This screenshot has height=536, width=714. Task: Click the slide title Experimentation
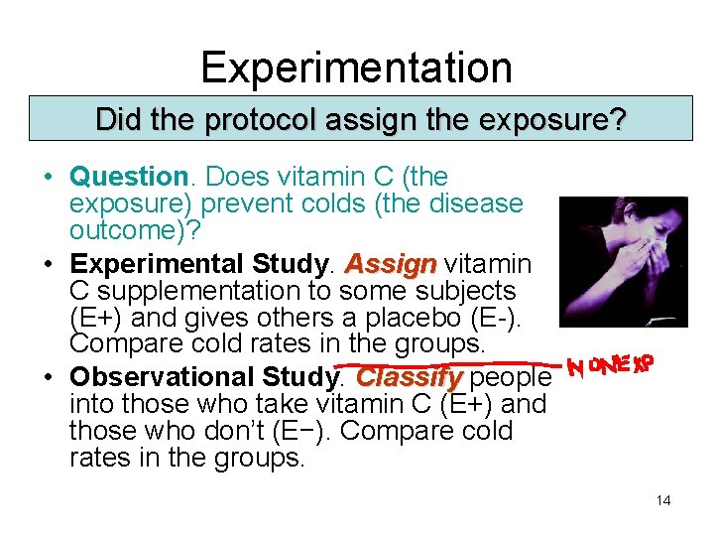point(356,67)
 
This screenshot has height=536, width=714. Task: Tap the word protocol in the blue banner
point(248,121)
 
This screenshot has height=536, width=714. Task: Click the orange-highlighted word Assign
point(390,265)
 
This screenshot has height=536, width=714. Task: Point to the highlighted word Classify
point(409,378)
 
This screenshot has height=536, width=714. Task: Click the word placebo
point(404,319)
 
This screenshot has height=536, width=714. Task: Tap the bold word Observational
point(163,378)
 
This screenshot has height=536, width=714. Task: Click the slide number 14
point(662,500)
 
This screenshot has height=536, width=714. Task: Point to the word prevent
point(249,204)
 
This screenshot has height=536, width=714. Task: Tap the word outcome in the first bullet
point(114,230)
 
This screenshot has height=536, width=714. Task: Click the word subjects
point(467,292)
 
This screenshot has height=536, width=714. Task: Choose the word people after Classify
point(511,378)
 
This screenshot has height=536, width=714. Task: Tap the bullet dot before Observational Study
point(48,378)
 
